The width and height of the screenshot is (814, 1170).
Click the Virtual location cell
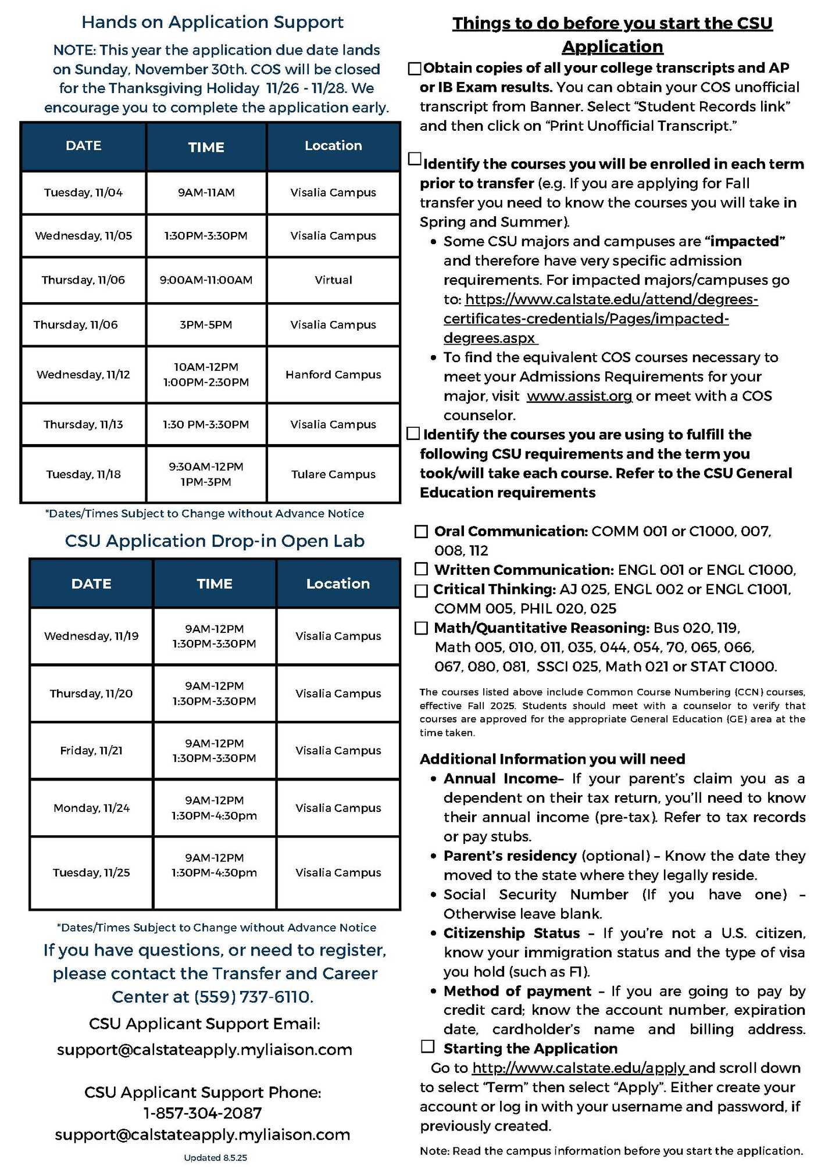pyautogui.click(x=333, y=280)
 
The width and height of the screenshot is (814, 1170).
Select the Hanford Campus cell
pyautogui.click(x=333, y=375)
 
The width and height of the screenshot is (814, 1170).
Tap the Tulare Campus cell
pyautogui.click(x=333, y=474)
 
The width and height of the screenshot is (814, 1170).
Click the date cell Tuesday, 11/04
pyautogui.click(x=83, y=192)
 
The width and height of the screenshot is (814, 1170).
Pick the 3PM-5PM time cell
pyautogui.click(x=206, y=325)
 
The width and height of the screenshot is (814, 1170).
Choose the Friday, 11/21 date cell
pyautogui.click(x=91, y=750)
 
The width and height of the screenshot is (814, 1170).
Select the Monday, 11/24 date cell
pyautogui.click(x=91, y=808)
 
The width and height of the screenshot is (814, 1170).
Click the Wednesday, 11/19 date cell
pyautogui.click(x=91, y=636)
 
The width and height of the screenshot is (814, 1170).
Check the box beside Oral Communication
pyautogui.click(x=421, y=531)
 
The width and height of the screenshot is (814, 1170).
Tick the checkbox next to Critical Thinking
pyautogui.click(x=421, y=591)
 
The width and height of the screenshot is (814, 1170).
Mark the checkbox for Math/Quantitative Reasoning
pyautogui.click(x=421, y=628)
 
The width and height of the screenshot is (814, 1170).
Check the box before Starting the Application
pyautogui.click(x=428, y=1047)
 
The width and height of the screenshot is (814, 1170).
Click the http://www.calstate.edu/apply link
pyautogui.click(x=580, y=1068)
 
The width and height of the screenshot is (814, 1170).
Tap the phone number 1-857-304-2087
pyautogui.click(x=202, y=1113)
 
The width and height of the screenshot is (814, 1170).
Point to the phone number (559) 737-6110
pyautogui.click(x=254, y=997)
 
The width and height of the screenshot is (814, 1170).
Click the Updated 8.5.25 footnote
pyautogui.click(x=215, y=1158)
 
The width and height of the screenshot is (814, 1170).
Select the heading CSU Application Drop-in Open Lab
pyautogui.click(x=215, y=541)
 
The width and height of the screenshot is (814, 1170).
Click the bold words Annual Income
pyautogui.click(x=501, y=779)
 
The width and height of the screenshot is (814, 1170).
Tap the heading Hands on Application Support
pyautogui.click(x=212, y=22)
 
